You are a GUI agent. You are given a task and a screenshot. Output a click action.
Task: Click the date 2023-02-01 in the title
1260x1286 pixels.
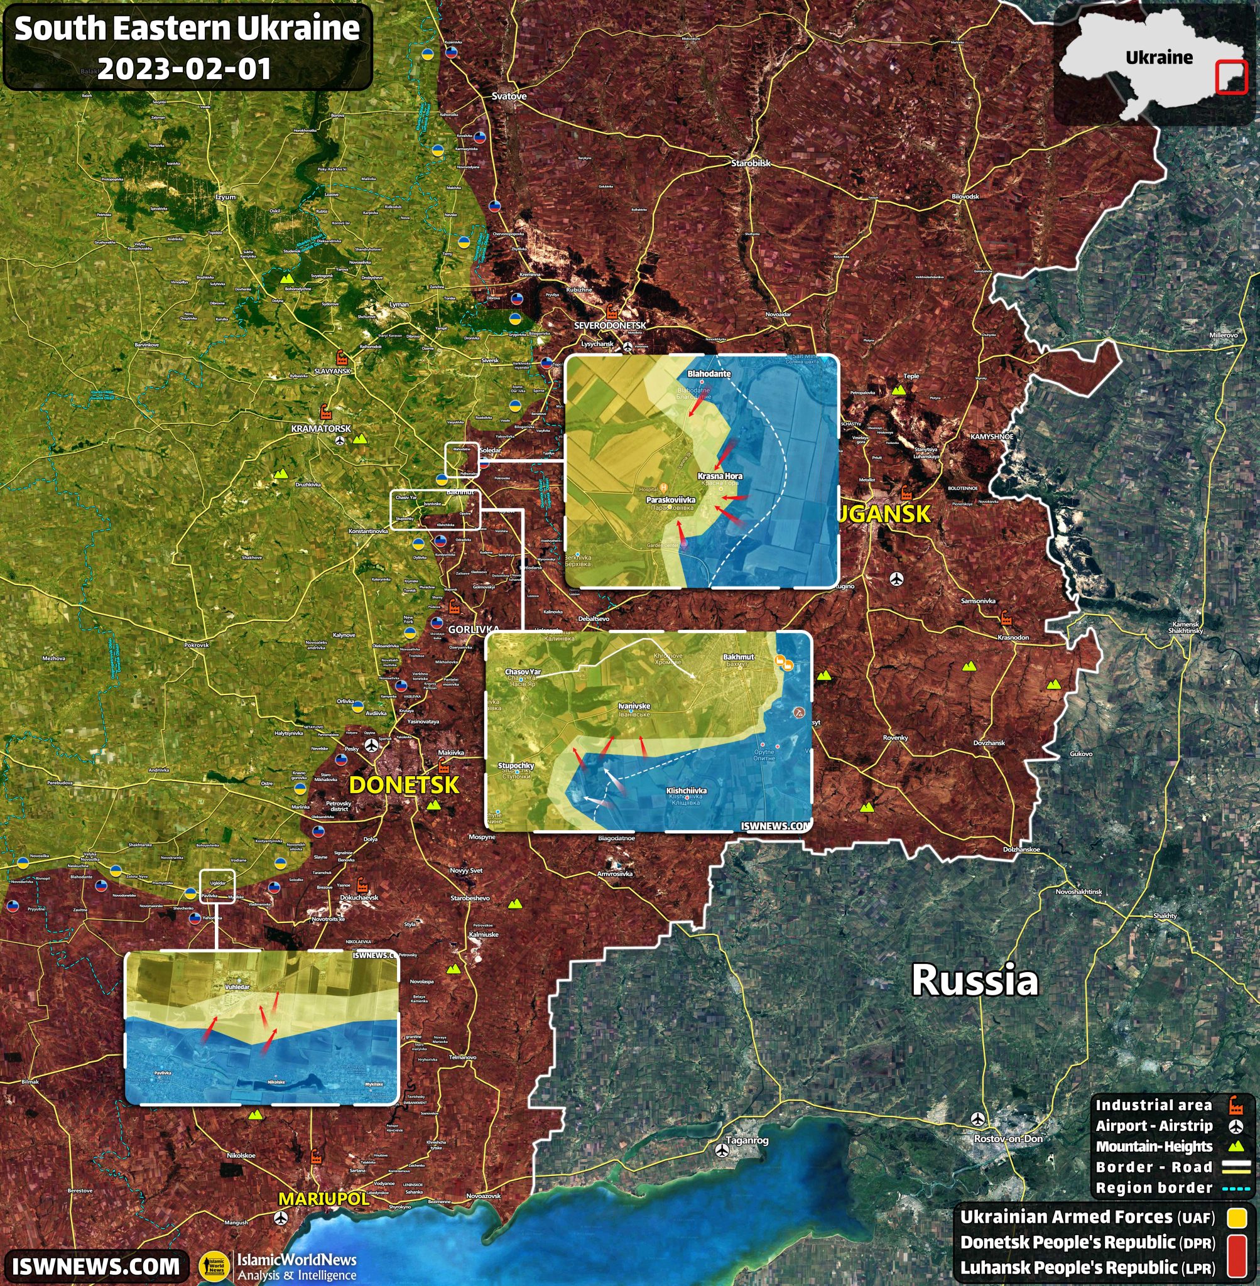(185, 69)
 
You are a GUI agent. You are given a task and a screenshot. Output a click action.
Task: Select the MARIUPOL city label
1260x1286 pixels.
(323, 1199)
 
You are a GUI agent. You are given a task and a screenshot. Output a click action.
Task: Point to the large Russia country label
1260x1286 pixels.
(974, 980)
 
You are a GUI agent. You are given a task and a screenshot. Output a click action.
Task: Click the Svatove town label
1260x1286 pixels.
(509, 97)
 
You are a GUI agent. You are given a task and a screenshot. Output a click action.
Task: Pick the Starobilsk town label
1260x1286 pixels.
(751, 163)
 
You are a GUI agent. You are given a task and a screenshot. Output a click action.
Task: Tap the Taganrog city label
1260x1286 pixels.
(747, 1140)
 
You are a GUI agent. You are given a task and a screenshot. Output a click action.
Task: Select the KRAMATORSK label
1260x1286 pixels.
(321, 429)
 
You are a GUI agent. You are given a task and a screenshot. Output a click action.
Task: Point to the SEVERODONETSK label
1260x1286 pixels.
(609, 325)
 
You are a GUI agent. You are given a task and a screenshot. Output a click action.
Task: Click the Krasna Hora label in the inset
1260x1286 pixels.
(719, 475)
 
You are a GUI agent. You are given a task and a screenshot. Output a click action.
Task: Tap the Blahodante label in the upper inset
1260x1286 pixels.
(709, 374)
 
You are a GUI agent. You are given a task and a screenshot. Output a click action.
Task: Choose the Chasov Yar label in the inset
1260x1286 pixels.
(523, 671)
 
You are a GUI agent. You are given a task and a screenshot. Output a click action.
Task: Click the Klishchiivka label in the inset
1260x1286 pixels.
(687, 791)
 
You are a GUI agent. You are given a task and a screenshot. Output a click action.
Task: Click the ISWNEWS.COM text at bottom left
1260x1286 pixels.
(96, 1265)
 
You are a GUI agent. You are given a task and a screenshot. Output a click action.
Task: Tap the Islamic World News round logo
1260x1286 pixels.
(215, 1266)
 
